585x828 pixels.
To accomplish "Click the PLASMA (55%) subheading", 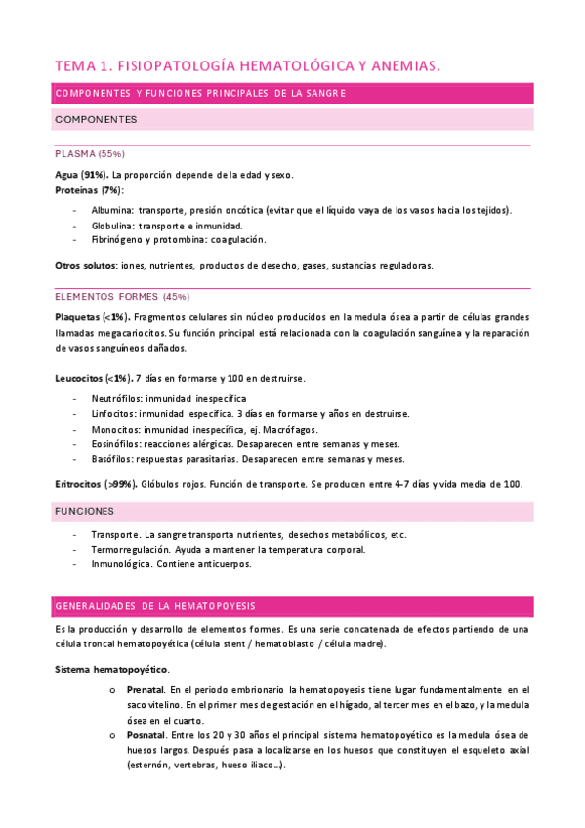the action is (x=90, y=154).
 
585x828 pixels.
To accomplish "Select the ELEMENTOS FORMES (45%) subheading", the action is (x=122, y=296).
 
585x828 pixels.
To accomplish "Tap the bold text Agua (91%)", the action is (x=82, y=175).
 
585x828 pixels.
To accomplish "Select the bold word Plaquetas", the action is (x=79, y=317).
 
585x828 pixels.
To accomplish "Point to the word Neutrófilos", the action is (x=117, y=399).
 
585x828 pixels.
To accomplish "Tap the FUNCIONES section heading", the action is (x=85, y=511).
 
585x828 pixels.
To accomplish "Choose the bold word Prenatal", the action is (x=146, y=690).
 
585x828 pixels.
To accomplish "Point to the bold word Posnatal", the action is (x=146, y=734).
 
